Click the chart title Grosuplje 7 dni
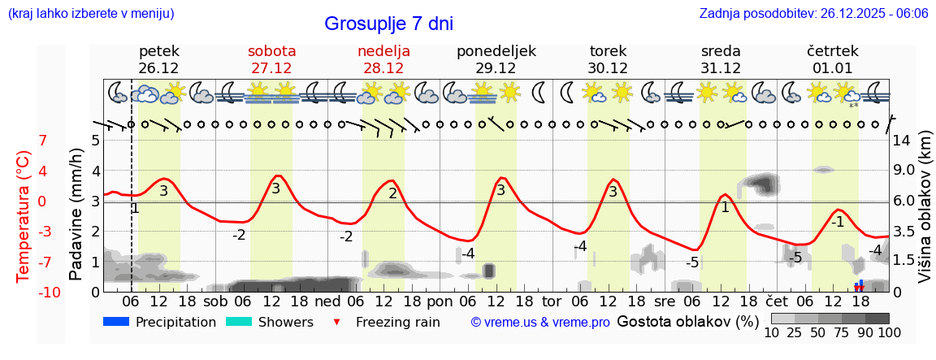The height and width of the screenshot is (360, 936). (x=388, y=24)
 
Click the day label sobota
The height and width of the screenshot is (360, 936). (x=271, y=51)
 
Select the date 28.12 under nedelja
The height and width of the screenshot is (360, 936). (x=383, y=68)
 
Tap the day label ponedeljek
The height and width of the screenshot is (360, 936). (x=496, y=51)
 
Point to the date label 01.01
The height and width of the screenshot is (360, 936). (x=832, y=68)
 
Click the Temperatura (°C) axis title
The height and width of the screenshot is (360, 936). (x=24, y=215)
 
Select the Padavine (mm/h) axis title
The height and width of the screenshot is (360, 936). (x=77, y=215)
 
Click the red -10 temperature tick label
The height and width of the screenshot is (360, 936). (x=26, y=293)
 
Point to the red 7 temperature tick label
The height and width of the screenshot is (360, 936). (x=42, y=141)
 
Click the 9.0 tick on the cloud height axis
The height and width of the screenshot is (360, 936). (x=905, y=171)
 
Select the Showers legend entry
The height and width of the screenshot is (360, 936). (x=285, y=322)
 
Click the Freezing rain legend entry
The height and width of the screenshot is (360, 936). (x=397, y=322)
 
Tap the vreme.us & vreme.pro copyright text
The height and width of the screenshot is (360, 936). (x=540, y=323)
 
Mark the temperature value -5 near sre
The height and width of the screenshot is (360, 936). (x=692, y=262)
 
